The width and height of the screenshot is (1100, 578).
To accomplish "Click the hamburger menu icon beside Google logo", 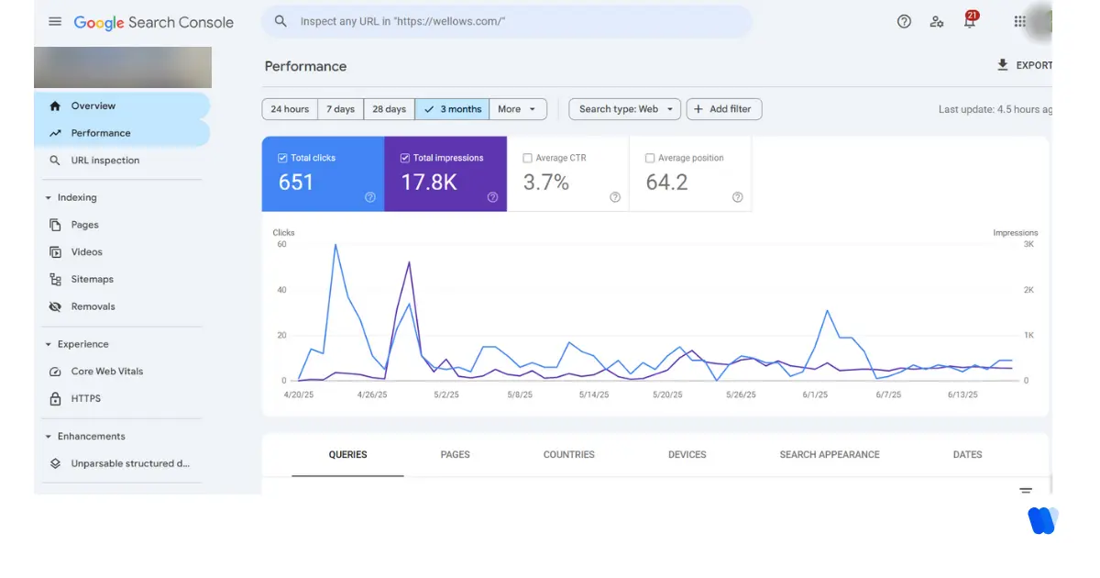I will click(x=55, y=22).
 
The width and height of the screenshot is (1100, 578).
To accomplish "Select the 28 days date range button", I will click(x=389, y=109).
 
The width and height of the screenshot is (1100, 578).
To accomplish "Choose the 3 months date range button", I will click(x=452, y=109).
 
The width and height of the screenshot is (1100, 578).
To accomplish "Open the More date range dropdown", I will click(x=517, y=109).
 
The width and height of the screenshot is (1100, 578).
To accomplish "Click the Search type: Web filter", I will click(x=624, y=109).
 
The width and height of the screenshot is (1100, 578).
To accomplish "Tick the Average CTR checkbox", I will click(x=527, y=158).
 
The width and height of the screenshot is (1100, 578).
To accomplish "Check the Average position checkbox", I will click(x=650, y=158).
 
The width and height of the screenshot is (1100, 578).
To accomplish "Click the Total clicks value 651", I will click(x=296, y=183).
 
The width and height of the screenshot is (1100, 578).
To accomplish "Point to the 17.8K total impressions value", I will click(x=429, y=183).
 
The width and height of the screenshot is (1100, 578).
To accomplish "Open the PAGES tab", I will click(x=455, y=454).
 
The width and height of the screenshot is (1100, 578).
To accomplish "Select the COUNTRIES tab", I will click(x=568, y=454).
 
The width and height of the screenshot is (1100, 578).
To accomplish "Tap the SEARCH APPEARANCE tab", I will click(x=829, y=454).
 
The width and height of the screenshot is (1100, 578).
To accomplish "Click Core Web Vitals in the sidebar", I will click(x=107, y=372).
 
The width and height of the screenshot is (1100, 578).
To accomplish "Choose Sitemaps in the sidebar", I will click(x=92, y=279).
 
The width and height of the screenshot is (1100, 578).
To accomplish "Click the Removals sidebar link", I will click(x=93, y=306).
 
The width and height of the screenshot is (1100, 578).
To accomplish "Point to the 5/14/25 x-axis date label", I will click(x=594, y=395).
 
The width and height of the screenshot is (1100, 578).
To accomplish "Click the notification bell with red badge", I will click(x=970, y=22).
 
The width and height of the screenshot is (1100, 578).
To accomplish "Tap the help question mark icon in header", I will click(x=904, y=22).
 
